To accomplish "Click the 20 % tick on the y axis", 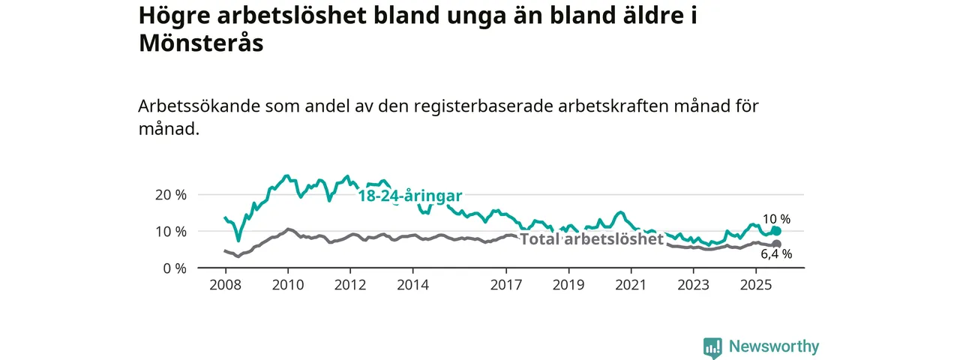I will [171, 194].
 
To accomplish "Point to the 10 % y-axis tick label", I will [171, 231].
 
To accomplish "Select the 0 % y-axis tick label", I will [175, 268].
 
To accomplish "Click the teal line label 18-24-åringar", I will [409, 196].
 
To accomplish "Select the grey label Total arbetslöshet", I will [592, 239].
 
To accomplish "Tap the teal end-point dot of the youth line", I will [776, 231].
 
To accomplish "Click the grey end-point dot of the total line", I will [776, 244].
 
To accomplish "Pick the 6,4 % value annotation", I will [777, 255].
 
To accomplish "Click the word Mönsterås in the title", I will [201, 43].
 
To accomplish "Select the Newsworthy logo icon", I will [712, 347].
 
